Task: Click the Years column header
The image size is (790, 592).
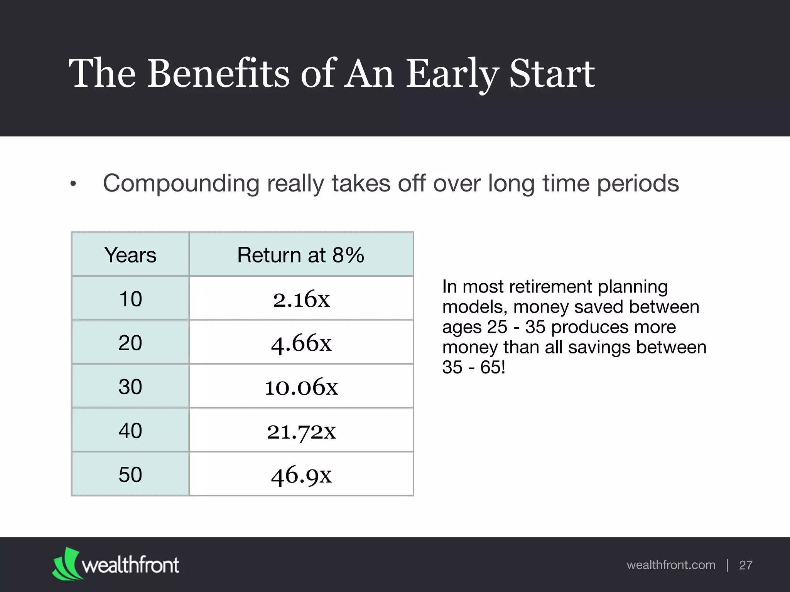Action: pyautogui.click(x=130, y=255)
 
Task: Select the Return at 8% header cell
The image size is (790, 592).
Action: pyautogui.click(x=300, y=255)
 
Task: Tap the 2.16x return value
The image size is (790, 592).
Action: pyautogui.click(x=301, y=299)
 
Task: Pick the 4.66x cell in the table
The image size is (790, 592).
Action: pyautogui.click(x=301, y=343)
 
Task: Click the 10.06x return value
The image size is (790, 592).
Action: pyautogui.click(x=301, y=387)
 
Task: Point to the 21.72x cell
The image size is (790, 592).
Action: pyautogui.click(x=301, y=431)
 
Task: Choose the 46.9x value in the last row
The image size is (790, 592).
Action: pyautogui.click(x=301, y=475)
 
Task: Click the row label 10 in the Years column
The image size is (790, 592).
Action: pyautogui.click(x=130, y=299)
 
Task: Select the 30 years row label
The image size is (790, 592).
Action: pyautogui.click(x=130, y=387)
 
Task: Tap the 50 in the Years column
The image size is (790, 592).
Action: pyautogui.click(x=130, y=475)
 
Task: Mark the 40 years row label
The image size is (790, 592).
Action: pyautogui.click(x=130, y=431)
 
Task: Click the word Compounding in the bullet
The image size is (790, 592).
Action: pyautogui.click(x=181, y=183)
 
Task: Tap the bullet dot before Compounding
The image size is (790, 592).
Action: pyautogui.click(x=73, y=185)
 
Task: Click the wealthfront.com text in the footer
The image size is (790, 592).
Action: pyautogui.click(x=671, y=565)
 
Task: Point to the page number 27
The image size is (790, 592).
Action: pyautogui.click(x=746, y=565)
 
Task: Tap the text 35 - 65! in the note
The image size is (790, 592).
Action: pyautogui.click(x=474, y=367)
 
